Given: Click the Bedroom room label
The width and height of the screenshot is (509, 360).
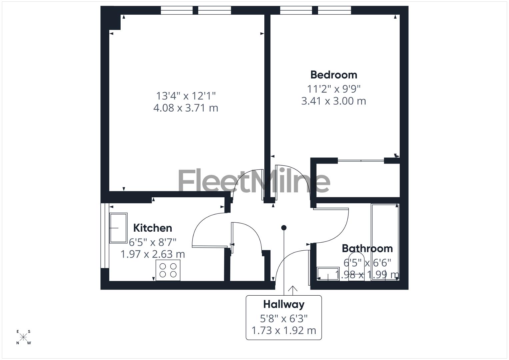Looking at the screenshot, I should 334,75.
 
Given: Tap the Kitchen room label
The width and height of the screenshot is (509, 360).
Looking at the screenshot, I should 153,228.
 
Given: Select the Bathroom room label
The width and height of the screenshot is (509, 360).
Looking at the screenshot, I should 367,248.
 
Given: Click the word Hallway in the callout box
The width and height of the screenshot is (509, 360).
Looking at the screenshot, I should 284,304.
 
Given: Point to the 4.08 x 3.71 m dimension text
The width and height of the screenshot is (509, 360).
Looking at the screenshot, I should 186,108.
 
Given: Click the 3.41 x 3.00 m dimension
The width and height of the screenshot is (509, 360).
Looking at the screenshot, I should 334,101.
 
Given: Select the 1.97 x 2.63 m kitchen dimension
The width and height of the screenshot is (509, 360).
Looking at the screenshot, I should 153,254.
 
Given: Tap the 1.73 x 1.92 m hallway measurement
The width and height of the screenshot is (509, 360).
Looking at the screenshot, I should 284,331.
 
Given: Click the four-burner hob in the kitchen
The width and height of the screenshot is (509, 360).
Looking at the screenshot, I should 168,270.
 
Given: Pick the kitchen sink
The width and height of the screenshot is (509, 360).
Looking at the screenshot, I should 118,228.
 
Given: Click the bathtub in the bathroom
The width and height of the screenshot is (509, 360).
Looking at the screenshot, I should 385,242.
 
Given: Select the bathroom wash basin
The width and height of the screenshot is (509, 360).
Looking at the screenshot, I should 328,274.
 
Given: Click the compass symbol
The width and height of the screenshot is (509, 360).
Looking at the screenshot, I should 23,337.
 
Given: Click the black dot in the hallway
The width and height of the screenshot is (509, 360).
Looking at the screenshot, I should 284,228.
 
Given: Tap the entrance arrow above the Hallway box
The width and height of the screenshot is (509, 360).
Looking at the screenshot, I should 293,290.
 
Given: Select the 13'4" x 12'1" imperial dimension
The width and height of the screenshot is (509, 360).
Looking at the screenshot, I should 186,96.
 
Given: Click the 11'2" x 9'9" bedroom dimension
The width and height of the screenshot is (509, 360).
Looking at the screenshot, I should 334,89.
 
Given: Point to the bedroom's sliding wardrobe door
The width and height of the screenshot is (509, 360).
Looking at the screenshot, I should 361,161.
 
